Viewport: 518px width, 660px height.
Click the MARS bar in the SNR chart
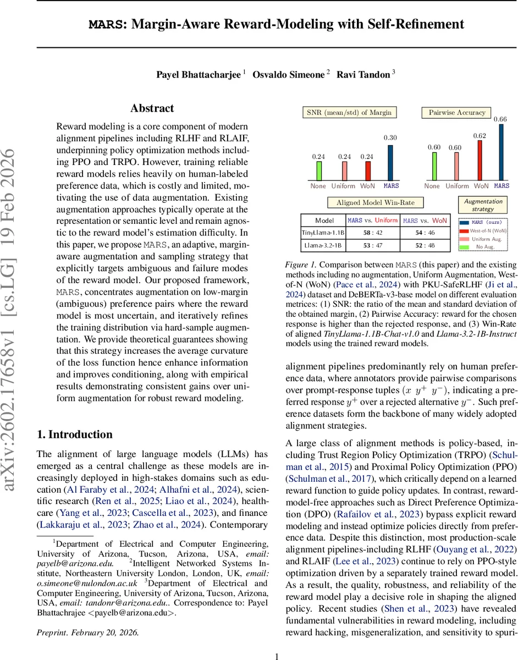391,162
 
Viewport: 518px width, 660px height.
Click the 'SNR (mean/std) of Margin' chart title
349,113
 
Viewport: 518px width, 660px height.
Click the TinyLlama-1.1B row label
323,233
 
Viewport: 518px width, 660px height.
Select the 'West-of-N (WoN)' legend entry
483,232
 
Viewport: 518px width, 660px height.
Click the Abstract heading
152,108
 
